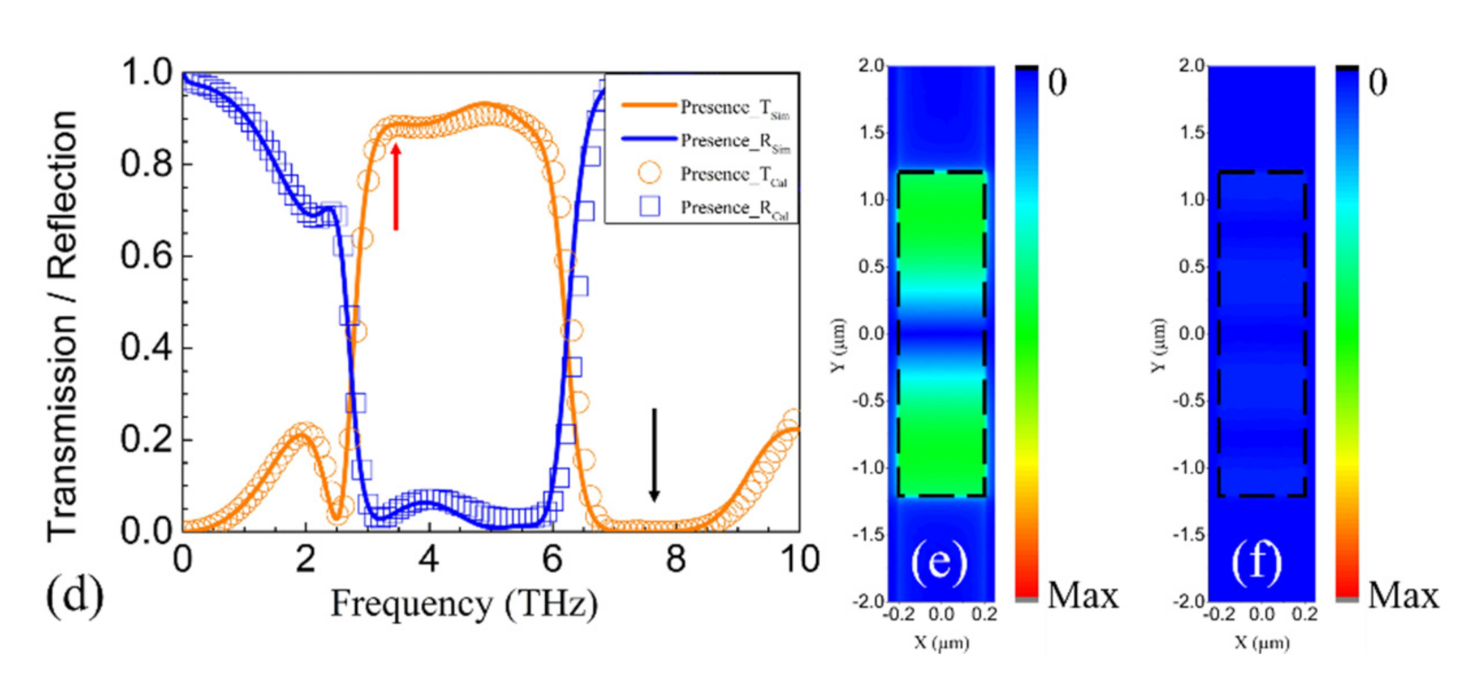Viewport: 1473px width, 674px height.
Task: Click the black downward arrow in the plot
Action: [654, 454]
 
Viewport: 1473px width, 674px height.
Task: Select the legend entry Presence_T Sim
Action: [734, 108]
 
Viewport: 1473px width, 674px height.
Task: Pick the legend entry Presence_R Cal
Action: [734, 208]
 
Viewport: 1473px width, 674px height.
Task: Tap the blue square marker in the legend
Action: [650, 207]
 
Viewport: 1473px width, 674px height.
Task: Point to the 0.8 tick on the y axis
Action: [146, 164]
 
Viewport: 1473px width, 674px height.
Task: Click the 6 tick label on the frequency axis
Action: [552, 560]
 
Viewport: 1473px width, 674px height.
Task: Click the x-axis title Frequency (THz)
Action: [464, 605]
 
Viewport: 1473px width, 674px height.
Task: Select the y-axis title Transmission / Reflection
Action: [63, 326]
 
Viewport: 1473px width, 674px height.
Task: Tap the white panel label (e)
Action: [939, 562]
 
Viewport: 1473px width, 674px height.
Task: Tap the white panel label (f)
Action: [1258, 562]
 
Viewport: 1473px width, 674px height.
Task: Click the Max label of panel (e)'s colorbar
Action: [1082, 595]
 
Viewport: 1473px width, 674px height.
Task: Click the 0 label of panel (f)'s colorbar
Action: [1377, 82]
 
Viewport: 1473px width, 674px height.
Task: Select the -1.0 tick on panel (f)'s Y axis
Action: [1188, 468]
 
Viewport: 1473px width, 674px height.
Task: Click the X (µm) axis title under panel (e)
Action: [941, 643]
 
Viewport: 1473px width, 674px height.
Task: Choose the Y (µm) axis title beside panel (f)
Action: [1158, 345]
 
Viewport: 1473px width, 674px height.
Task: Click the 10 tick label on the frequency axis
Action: [799, 560]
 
